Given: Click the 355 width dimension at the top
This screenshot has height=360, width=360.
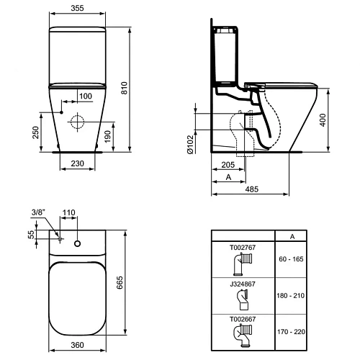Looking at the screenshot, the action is tap(77, 8).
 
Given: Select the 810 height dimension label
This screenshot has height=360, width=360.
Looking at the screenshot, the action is tap(124, 88).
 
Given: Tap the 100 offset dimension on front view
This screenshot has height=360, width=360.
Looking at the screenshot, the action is tap(86, 96).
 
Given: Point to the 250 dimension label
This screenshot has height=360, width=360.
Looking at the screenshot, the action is tap(35, 132).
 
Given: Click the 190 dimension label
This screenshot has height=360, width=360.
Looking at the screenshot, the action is tap(108, 136).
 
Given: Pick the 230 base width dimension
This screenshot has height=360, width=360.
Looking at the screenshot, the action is tap(77, 163).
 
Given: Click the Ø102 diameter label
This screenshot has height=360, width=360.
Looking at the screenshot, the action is tap(190, 144).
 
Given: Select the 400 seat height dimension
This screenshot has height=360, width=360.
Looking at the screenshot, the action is tap(323, 120).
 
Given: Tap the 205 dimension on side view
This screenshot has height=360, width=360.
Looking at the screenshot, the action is tap(228, 165).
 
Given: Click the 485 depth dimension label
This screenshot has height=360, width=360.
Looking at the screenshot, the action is tap(252, 189).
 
